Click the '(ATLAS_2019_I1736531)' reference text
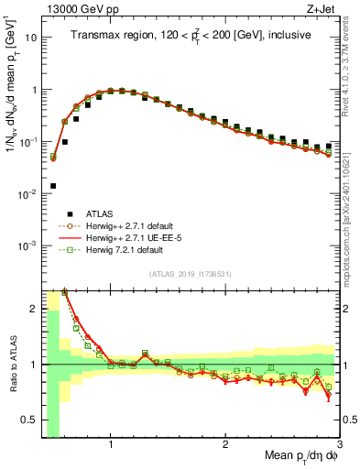pyautogui.click(x=191, y=274)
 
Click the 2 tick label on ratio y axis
pyautogui.click(x=32, y=309)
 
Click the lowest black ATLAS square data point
pyautogui.click(x=53, y=186)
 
